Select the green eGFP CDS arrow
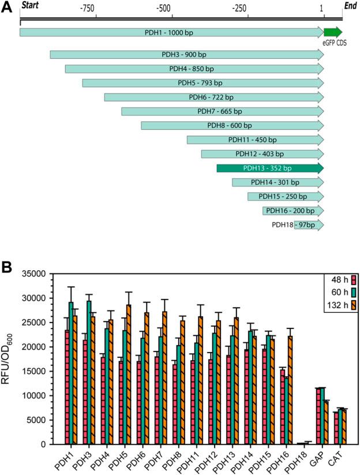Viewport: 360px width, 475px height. point(333,32)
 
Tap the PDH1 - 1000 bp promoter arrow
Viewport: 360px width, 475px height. point(171,32)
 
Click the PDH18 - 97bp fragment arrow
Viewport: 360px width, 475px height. point(309,225)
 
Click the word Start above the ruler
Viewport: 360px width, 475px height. point(29,5)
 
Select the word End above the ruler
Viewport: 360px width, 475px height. point(350,5)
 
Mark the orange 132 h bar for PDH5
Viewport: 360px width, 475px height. point(129,375)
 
